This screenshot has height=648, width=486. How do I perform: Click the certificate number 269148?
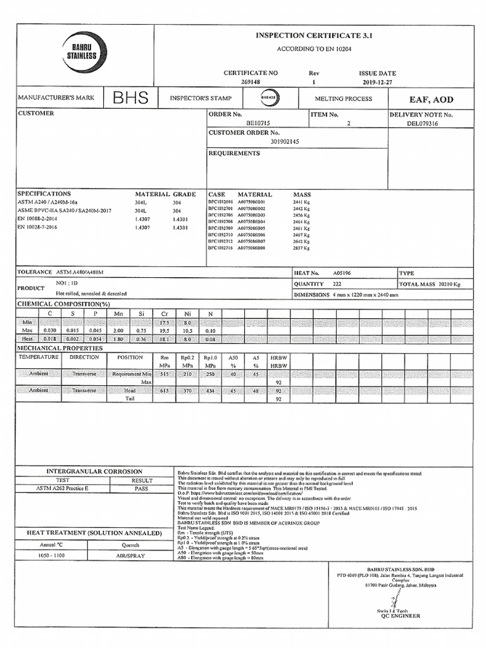[x=251, y=82]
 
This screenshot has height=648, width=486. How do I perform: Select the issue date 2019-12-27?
[x=377, y=82]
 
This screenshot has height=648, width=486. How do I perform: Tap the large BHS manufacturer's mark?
[x=130, y=99]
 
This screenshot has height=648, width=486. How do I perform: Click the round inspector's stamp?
[x=269, y=99]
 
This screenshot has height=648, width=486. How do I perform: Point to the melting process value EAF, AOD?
[x=432, y=99]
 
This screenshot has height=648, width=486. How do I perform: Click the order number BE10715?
[x=258, y=123]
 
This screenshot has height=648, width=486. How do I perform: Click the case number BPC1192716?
[x=221, y=248]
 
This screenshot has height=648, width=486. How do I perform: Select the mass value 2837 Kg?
[x=301, y=248]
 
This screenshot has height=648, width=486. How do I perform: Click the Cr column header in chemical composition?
[x=165, y=313]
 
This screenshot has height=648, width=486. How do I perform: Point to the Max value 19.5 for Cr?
[x=165, y=330]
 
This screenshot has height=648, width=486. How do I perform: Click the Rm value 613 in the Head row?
[x=165, y=390]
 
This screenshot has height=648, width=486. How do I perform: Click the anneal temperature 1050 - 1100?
[x=52, y=555]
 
